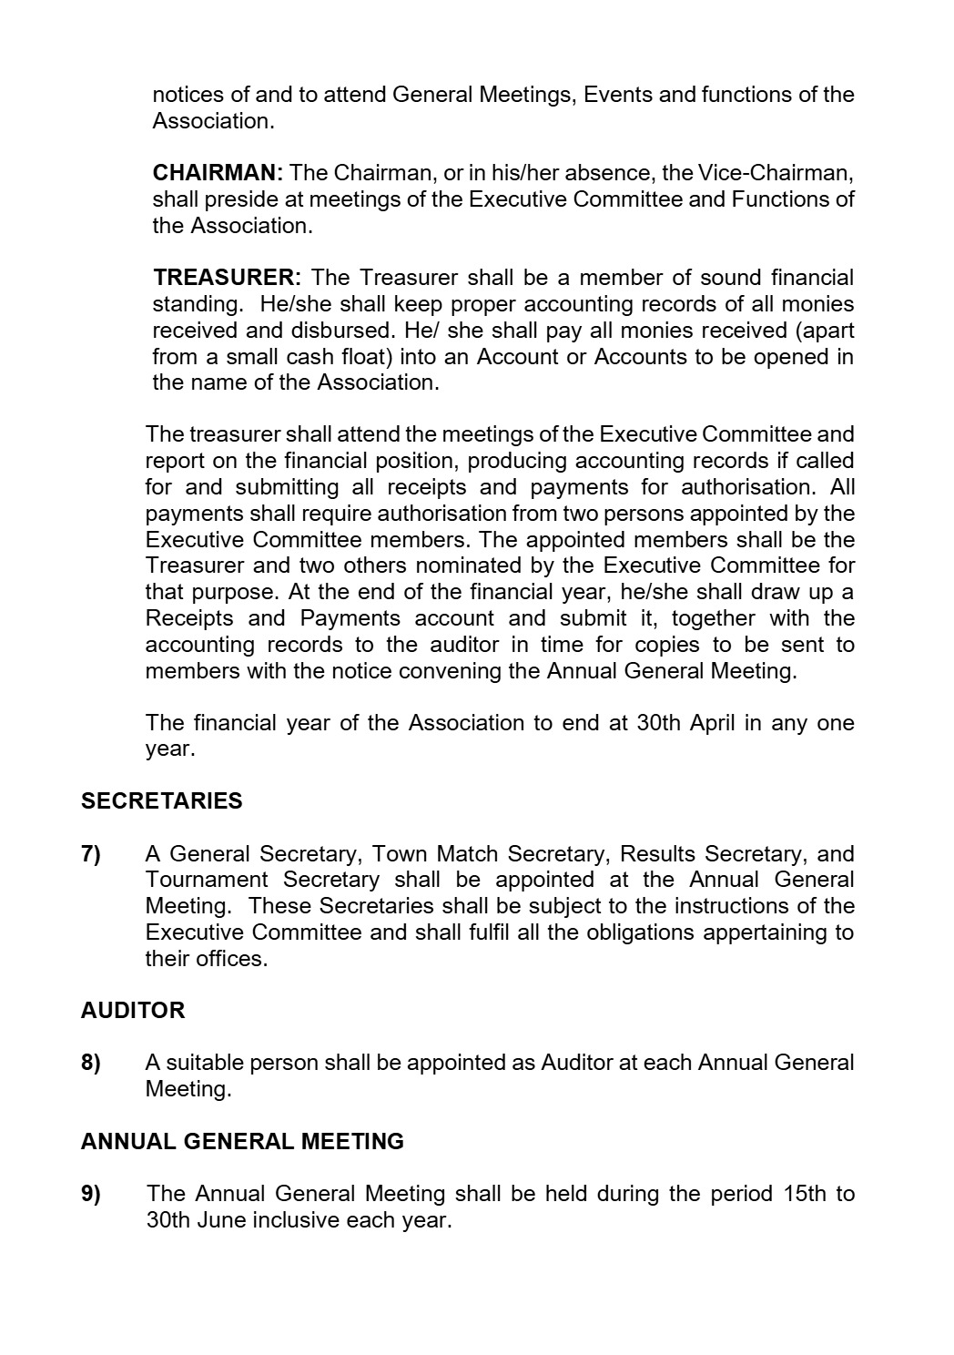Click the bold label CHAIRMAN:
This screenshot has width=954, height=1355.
coord(218,173)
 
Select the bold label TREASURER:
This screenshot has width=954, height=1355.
coord(227,278)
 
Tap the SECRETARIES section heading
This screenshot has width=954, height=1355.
coord(161,801)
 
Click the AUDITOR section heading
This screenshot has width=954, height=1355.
coord(132,1011)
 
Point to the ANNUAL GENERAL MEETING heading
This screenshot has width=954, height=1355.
coord(242,1142)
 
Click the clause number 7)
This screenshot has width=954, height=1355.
coord(91,854)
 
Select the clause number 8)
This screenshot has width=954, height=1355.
coord(91,1063)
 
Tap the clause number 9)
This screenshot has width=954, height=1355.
coord(91,1194)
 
